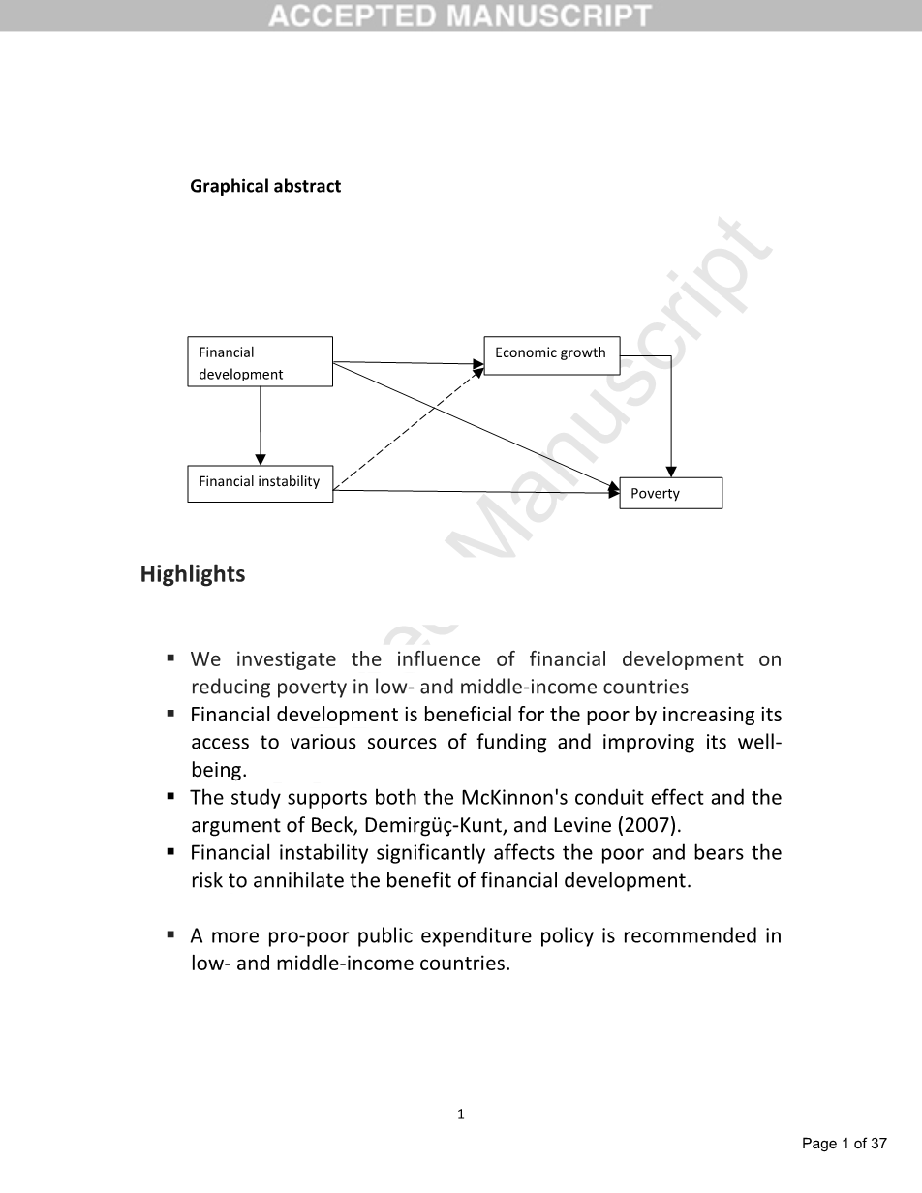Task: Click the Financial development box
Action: (260, 362)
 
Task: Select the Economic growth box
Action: (551, 353)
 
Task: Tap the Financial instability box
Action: (260, 482)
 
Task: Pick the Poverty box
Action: (670, 493)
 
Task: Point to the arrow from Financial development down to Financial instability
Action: (261, 426)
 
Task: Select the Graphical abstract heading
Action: (265, 186)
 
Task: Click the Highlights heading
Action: (193, 574)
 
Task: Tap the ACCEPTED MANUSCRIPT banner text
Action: (460, 15)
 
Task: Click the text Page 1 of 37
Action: (844, 1144)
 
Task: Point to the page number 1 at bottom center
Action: (461, 1115)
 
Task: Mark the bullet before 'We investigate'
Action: (170, 658)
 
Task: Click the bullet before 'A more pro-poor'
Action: (170, 935)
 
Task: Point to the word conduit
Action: (600, 798)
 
